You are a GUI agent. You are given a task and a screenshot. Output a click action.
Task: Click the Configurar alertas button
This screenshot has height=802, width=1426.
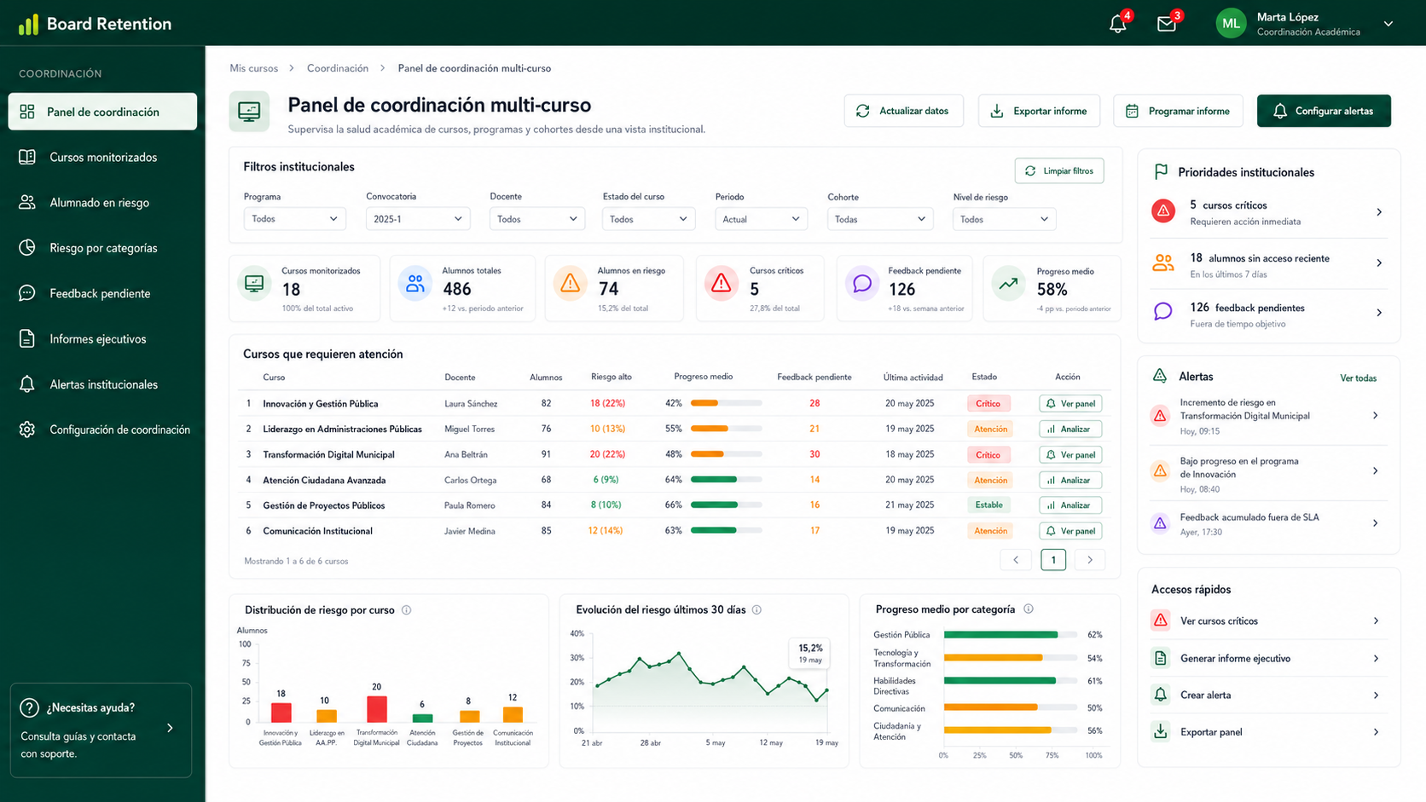tap(1324, 111)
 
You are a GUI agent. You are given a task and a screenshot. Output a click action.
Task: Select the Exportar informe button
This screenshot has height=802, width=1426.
tap(1039, 111)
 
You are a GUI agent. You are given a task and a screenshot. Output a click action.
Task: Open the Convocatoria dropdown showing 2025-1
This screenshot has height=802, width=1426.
tap(418, 219)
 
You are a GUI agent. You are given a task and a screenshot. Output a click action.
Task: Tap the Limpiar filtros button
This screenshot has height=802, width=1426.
tap(1059, 170)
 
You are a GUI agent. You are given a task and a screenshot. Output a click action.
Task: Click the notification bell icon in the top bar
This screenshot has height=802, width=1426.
tap(1117, 24)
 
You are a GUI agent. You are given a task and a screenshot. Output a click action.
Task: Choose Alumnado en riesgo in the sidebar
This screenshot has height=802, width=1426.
tap(99, 202)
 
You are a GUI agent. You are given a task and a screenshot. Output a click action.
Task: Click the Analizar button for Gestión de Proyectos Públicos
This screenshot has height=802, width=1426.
tap(1070, 505)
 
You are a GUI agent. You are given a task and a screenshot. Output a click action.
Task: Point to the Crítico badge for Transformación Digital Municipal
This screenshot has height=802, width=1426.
tap(988, 455)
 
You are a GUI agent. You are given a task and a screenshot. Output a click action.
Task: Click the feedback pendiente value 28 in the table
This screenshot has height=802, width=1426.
tap(814, 403)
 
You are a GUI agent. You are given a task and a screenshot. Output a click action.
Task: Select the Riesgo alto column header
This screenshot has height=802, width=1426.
tap(612, 377)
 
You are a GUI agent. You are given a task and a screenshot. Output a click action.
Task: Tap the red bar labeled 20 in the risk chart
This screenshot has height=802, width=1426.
tap(377, 708)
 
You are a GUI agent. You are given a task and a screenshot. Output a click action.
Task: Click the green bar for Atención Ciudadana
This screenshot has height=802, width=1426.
tap(422, 718)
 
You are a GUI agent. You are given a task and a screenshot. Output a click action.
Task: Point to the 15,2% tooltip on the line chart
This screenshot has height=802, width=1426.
tap(810, 653)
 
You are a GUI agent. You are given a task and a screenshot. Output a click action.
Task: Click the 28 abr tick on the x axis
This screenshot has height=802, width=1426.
tap(650, 742)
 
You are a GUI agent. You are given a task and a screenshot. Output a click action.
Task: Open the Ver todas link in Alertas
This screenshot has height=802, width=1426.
tap(1358, 378)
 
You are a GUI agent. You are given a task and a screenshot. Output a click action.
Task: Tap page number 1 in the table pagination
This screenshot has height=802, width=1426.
tap(1053, 560)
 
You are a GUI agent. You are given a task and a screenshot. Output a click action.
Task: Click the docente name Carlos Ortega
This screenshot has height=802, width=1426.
tap(471, 480)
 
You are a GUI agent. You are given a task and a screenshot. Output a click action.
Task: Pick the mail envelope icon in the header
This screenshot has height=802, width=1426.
tap(1166, 24)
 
